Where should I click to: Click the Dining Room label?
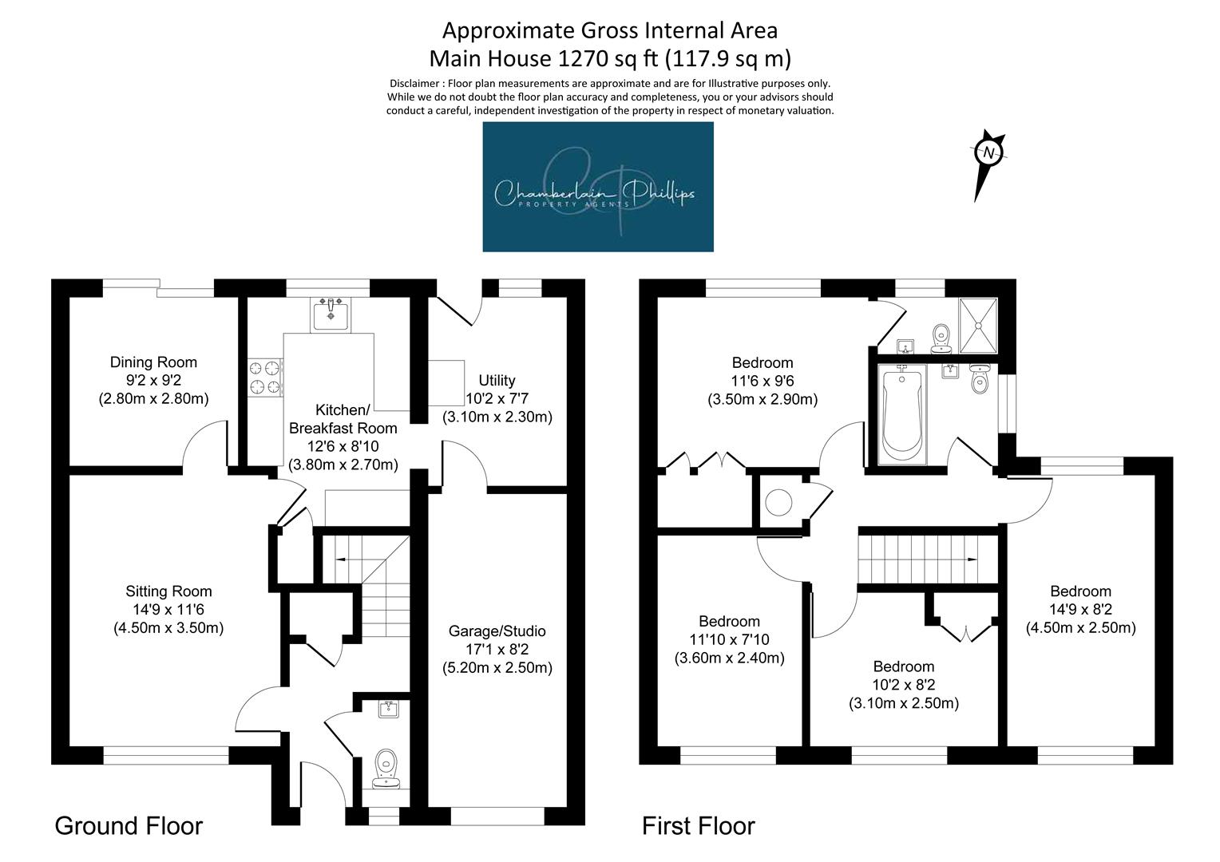[x=153, y=362]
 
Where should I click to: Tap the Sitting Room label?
[x=168, y=591]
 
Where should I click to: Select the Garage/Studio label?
[x=497, y=631]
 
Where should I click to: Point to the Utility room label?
[x=497, y=380]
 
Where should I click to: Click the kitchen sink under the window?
[x=330, y=314]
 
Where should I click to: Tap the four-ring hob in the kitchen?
[x=265, y=378]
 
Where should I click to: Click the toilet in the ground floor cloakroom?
[x=386, y=769]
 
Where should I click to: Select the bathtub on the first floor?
[x=902, y=415]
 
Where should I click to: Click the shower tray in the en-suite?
[x=979, y=326]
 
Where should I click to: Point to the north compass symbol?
[x=988, y=164]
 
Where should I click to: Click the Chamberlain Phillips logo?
[x=598, y=187]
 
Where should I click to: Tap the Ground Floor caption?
[x=129, y=826]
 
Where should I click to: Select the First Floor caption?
[x=699, y=826]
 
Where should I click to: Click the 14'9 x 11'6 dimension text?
[x=168, y=610]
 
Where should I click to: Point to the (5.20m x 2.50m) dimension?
[x=497, y=667]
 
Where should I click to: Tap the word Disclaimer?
[x=414, y=84]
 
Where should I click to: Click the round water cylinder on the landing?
[x=778, y=502]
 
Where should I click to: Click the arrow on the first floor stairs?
[x=971, y=560]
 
